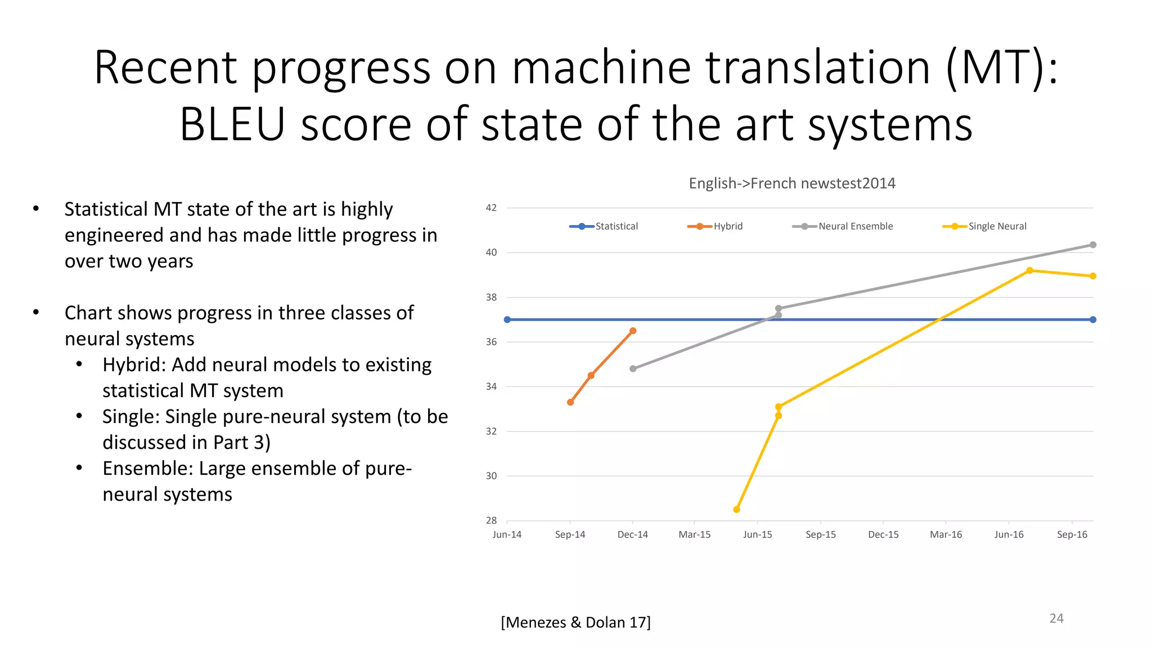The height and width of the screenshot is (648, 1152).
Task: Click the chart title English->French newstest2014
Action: pyautogui.click(x=792, y=183)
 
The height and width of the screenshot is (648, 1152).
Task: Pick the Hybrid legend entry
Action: pyautogui.click(x=715, y=226)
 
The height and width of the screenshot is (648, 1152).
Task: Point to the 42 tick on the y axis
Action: pyautogui.click(x=491, y=208)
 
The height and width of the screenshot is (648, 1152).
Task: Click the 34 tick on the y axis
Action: pyautogui.click(x=491, y=386)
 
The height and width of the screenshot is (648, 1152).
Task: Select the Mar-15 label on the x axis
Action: pyautogui.click(x=694, y=534)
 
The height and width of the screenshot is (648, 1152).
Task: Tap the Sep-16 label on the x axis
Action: pyautogui.click(x=1072, y=534)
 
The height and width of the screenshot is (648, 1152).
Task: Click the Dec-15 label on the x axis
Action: pyautogui.click(x=883, y=534)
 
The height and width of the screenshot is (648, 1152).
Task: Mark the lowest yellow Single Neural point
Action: pyautogui.click(x=737, y=510)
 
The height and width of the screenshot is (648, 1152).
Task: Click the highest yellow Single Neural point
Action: pyautogui.click(x=1030, y=271)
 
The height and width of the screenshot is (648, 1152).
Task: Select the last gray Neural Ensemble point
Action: pyautogui.click(x=1093, y=245)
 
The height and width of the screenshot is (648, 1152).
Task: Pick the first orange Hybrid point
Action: pyautogui.click(x=570, y=402)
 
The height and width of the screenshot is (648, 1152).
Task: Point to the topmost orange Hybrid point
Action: pyautogui.click(x=633, y=331)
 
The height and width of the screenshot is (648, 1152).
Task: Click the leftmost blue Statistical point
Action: pyautogui.click(x=507, y=319)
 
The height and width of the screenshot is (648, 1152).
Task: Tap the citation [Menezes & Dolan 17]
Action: pyautogui.click(x=575, y=622)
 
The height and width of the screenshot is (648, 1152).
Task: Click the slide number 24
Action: pyautogui.click(x=1056, y=618)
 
